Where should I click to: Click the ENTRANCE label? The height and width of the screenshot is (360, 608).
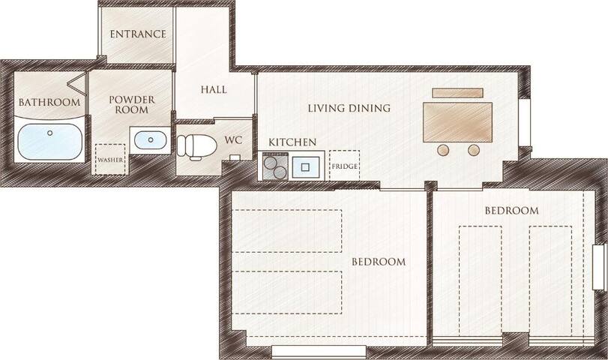[137, 34]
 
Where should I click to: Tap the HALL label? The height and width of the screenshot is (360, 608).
[214, 89]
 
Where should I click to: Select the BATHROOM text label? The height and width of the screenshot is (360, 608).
[49, 103]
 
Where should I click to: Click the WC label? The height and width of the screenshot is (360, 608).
[234, 139]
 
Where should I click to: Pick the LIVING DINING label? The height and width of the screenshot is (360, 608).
[349, 109]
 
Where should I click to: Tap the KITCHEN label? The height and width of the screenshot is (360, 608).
[292, 142]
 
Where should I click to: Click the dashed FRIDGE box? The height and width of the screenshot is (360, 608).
[344, 165]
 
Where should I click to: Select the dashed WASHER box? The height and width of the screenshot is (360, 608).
[109, 160]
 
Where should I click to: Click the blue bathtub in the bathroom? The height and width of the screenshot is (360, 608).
[49, 141]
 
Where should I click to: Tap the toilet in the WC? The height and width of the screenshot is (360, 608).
[196, 145]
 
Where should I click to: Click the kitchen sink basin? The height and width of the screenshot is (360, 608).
[307, 166]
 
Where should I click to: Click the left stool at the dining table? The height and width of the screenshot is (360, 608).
[444, 150]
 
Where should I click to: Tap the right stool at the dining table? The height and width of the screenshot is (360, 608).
[474, 150]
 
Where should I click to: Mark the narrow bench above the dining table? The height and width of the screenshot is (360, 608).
[458, 93]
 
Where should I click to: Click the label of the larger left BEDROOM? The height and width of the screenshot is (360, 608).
[379, 262]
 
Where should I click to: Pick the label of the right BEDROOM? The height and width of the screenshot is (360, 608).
[511, 211]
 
